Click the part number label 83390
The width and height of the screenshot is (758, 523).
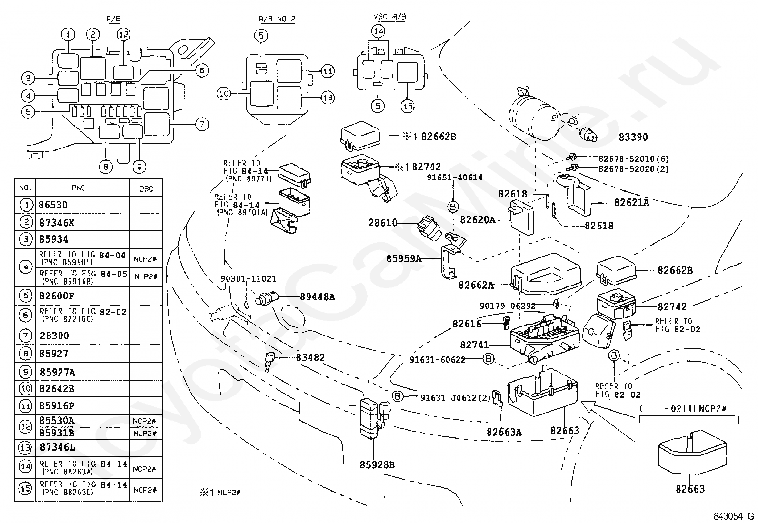[x=633, y=137]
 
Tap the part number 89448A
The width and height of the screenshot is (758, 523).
[x=318, y=297]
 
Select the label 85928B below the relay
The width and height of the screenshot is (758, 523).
[x=377, y=465]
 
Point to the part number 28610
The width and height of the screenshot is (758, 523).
[x=383, y=223]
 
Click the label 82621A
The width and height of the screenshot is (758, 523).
[x=632, y=203]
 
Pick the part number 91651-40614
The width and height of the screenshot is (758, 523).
[x=454, y=177]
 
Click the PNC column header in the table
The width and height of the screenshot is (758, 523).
[x=79, y=188]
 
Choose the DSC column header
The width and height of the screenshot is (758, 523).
[x=146, y=189]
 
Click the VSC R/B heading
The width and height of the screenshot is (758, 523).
[x=389, y=17]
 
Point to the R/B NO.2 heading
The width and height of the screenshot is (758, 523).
[x=277, y=19]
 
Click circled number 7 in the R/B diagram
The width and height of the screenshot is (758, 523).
[x=202, y=124]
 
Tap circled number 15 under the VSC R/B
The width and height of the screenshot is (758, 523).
[x=408, y=107]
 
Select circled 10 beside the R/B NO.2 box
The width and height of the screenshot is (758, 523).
[x=224, y=94]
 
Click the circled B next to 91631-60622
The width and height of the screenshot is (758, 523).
[x=488, y=359]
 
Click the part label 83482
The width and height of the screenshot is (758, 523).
[x=310, y=357]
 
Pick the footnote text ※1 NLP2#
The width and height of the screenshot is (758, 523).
[x=220, y=493]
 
